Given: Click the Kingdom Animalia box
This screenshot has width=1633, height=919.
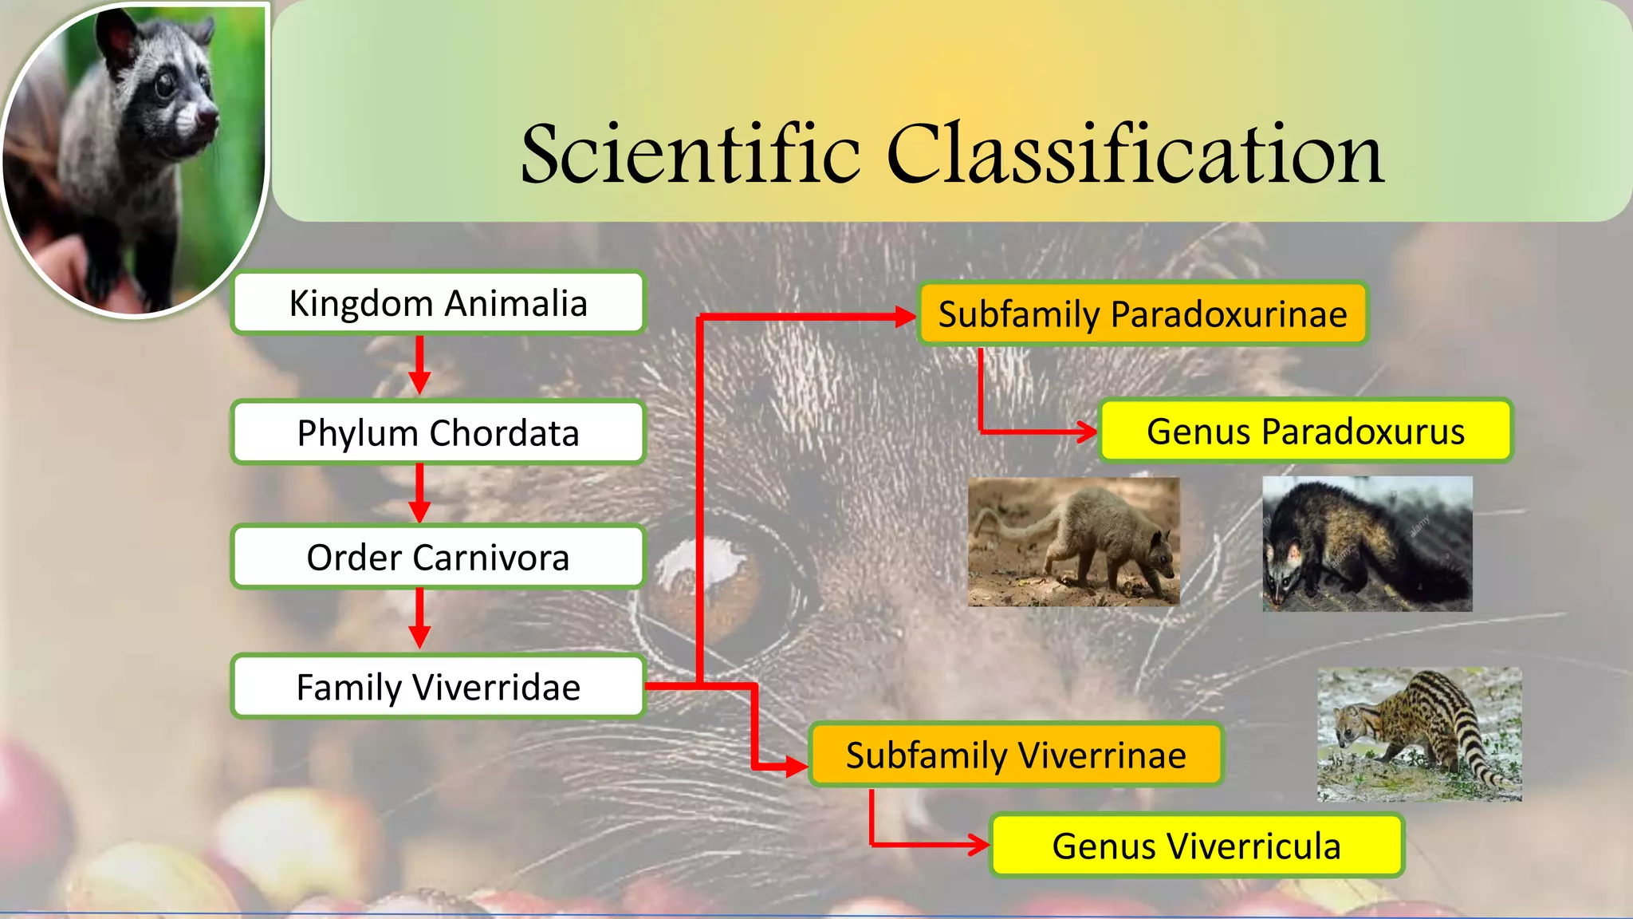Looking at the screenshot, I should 438,303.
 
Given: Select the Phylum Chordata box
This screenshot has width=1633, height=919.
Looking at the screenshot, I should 438,432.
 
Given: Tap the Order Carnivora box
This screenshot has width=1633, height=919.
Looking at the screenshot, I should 438,557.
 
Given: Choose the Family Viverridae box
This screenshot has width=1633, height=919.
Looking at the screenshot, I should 438,687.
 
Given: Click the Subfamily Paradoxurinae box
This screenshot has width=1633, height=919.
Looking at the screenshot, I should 1142,314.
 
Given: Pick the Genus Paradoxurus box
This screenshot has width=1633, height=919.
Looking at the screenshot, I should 1304,431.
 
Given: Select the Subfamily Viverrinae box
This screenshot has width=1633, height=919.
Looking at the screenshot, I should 1015,755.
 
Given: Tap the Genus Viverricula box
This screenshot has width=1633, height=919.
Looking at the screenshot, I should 1195,846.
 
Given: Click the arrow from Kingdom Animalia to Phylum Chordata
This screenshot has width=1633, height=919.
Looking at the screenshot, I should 419,365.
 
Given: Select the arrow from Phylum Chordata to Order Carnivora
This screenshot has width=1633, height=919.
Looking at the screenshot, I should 419,494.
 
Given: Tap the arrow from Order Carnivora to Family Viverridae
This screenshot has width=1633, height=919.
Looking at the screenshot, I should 419,619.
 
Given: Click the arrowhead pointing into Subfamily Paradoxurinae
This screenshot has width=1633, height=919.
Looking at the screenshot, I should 905,317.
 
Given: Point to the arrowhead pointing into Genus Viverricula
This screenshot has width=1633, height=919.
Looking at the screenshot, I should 978,844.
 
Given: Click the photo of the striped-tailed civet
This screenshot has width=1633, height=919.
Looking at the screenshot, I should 1419,734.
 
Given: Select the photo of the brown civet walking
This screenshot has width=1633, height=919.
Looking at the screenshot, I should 1073,542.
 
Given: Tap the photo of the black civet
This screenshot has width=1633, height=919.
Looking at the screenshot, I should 1367,544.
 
